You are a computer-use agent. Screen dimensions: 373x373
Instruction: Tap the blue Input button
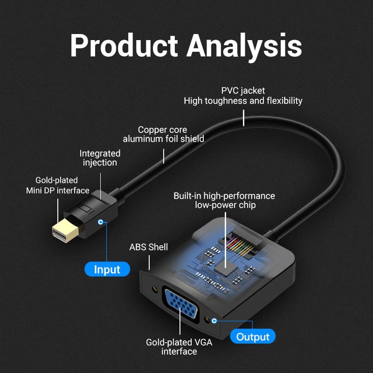pos(107,269)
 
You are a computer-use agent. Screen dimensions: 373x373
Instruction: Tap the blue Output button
pos(253,336)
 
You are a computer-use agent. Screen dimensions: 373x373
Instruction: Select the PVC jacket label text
pos(243,90)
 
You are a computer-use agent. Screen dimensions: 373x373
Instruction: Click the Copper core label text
pos(162,130)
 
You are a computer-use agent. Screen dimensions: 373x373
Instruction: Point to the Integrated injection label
pos(100,158)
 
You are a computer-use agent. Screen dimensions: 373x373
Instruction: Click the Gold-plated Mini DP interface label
pos(57,185)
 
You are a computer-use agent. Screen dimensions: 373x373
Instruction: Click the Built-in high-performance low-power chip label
pos(224,200)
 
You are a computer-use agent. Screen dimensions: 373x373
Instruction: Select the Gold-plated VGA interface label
pos(179,347)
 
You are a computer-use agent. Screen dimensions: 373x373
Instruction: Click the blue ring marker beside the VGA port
pos(214,321)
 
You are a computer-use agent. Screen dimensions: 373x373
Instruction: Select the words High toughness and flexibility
pos(243,101)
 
